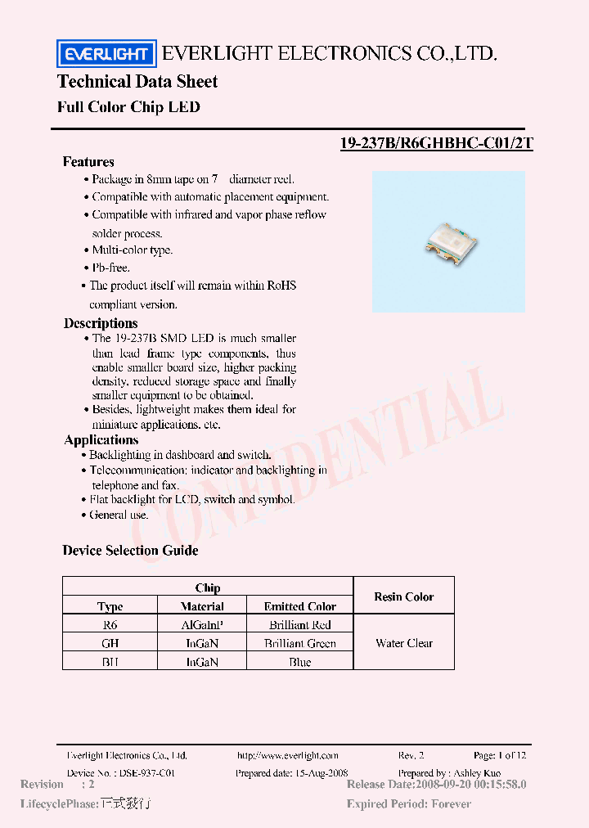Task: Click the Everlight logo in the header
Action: click(105, 54)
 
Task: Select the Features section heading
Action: click(88, 162)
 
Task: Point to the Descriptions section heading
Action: click(101, 323)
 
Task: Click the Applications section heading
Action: click(101, 440)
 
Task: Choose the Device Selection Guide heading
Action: click(130, 551)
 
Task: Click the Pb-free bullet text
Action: click(110, 268)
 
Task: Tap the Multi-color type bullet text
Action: click(132, 250)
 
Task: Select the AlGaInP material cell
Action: click(202, 624)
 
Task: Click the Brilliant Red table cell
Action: click(299, 624)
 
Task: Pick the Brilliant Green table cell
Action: click(299, 643)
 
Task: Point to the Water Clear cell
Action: click(404, 643)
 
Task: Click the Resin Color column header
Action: click(404, 596)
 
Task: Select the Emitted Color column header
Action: click(299, 606)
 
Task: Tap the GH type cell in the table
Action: click(110, 643)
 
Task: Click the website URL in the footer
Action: click(287, 755)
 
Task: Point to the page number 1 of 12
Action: click(500, 755)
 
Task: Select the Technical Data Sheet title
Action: click(137, 82)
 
